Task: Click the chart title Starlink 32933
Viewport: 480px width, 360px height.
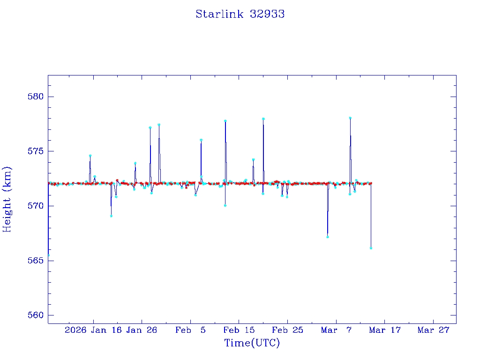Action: [x=240, y=14]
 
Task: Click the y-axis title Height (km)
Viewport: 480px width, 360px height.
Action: [x=7, y=199]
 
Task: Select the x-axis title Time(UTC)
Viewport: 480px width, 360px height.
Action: [x=252, y=343]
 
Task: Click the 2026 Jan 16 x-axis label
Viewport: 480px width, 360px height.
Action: [x=93, y=330]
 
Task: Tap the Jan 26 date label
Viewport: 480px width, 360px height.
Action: [x=142, y=330]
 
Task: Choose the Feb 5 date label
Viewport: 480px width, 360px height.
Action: [x=190, y=330]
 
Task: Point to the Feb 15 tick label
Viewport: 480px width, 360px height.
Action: [x=239, y=330]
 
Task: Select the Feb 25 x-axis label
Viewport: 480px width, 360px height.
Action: [x=288, y=330]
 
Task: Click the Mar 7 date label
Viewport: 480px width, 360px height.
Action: [x=336, y=330]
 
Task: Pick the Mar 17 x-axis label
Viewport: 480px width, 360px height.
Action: [x=385, y=330]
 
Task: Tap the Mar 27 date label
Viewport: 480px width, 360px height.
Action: [x=434, y=330]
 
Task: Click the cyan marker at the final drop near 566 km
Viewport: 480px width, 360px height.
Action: [x=371, y=248]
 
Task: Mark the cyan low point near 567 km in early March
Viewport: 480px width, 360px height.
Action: [x=328, y=237]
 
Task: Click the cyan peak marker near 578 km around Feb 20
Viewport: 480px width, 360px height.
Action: [x=263, y=119]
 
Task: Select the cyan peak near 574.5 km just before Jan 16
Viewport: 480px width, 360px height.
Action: [x=90, y=156]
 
